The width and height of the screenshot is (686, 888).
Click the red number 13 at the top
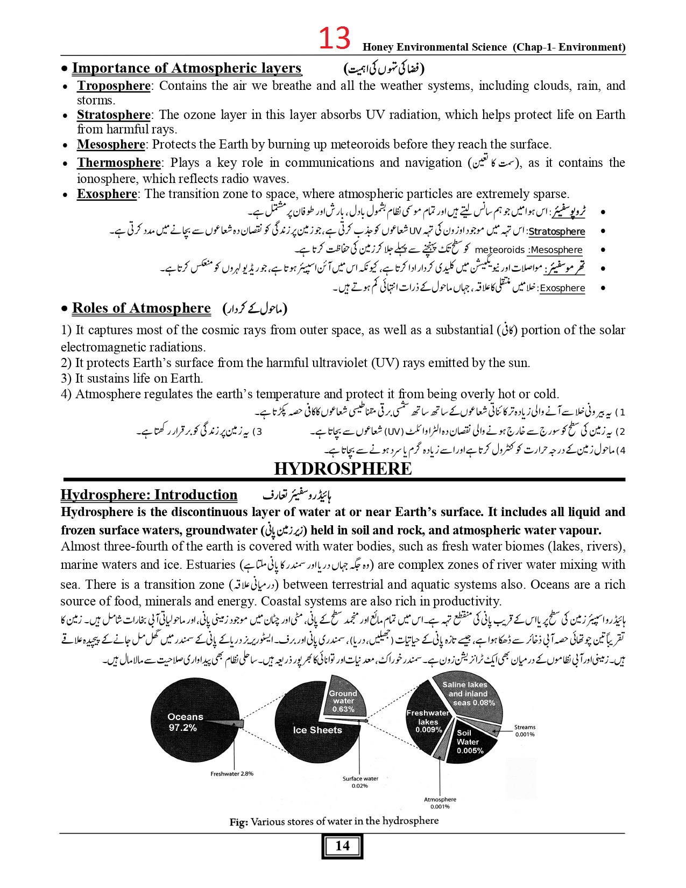point(334,39)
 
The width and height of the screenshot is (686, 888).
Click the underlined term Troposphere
point(114,86)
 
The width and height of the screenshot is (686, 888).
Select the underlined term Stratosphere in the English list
point(114,115)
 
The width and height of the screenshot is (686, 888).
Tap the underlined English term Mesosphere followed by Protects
point(111,145)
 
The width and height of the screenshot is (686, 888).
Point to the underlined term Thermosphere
point(119,163)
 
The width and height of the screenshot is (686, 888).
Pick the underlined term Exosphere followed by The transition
point(107,194)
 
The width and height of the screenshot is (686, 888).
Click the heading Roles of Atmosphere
point(141,308)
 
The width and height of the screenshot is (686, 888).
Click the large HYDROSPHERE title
point(343,469)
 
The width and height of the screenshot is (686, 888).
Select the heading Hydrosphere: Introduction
point(149,495)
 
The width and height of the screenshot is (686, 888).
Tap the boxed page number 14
point(342,846)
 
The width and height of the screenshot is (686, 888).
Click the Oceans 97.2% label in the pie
point(185,722)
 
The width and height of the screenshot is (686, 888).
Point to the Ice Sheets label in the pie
point(317,730)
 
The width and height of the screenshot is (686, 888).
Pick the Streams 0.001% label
point(525,730)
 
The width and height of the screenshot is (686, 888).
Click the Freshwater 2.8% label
point(232,774)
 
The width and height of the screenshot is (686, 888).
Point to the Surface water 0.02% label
point(360,782)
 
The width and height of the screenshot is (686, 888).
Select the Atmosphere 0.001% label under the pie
point(440,803)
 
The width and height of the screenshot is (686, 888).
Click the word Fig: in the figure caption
point(238,822)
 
